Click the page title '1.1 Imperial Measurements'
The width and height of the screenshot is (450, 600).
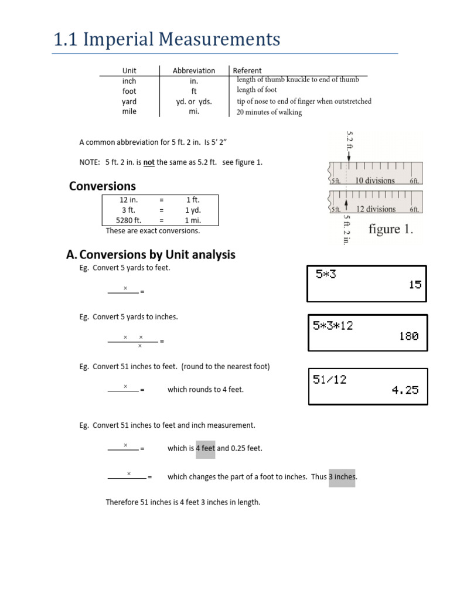(x=167, y=40)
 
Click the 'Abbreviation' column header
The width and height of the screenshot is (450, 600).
(x=194, y=71)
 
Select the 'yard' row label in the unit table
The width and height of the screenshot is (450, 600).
(x=129, y=101)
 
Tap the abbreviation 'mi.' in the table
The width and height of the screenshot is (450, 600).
(x=194, y=111)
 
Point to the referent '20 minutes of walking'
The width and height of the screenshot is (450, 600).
(x=269, y=112)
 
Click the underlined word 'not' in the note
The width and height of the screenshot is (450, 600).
(x=149, y=162)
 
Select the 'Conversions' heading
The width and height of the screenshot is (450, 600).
(x=103, y=186)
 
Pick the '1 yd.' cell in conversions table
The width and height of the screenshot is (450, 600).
(x=193, y=210)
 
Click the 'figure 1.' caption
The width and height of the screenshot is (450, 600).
(x=390, y=230)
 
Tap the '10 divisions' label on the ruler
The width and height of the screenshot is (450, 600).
(x=374, y=180)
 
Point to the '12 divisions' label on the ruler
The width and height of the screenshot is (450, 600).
(x=375, y=209)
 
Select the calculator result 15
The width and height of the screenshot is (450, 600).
(x=414, y=285)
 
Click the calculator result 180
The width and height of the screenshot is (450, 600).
(x=409, y=336)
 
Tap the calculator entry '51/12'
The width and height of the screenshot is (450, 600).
(x=330, y=380)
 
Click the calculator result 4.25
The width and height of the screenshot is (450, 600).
(x=405, y=390)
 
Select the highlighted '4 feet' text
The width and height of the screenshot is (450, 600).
(x=206, y=448)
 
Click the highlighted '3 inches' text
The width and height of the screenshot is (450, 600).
(x=342, y=477)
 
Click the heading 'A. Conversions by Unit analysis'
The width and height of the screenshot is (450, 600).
(x=151, y=255)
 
